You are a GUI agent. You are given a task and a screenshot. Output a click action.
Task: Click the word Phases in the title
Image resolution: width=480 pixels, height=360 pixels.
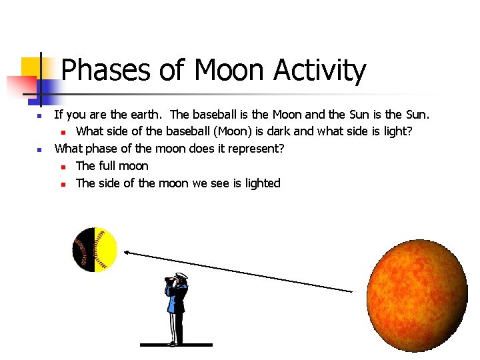pos(105,71)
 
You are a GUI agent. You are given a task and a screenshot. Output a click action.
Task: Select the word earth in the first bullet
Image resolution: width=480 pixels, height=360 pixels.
pos(146,114)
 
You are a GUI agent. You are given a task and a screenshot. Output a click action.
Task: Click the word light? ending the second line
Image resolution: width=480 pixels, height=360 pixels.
pos(405,131)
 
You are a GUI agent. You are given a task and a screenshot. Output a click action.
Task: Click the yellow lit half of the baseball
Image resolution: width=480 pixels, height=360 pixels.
pos(106,249)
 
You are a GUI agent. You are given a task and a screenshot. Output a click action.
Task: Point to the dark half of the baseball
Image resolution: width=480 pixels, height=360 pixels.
pos(83,249)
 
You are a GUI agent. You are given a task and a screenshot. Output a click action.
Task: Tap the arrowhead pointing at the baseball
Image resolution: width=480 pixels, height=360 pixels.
pos(127,252)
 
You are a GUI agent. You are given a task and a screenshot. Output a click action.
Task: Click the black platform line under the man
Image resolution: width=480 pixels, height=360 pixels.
pos(176,345)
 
